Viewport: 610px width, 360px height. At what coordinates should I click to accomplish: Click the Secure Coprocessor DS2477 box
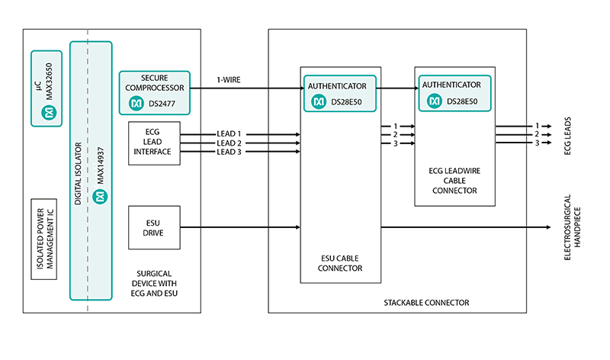pos(155,92)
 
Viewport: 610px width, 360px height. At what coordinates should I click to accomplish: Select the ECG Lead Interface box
pos(155,143)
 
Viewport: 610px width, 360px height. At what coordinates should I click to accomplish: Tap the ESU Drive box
pos(155,227)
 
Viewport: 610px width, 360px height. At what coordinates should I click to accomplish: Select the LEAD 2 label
pos(229,143)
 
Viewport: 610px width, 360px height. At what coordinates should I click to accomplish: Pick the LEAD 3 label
pos(229,152)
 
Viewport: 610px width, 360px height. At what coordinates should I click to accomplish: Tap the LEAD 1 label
pos(229,133)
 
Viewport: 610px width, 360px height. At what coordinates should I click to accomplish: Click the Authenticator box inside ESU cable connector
pos(341,92)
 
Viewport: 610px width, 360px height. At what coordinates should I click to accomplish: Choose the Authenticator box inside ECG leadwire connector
pos(452,92)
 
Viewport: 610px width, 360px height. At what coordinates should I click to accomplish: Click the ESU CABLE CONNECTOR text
pos(341,262)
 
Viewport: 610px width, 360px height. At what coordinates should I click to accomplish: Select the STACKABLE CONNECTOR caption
pos(426,303)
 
